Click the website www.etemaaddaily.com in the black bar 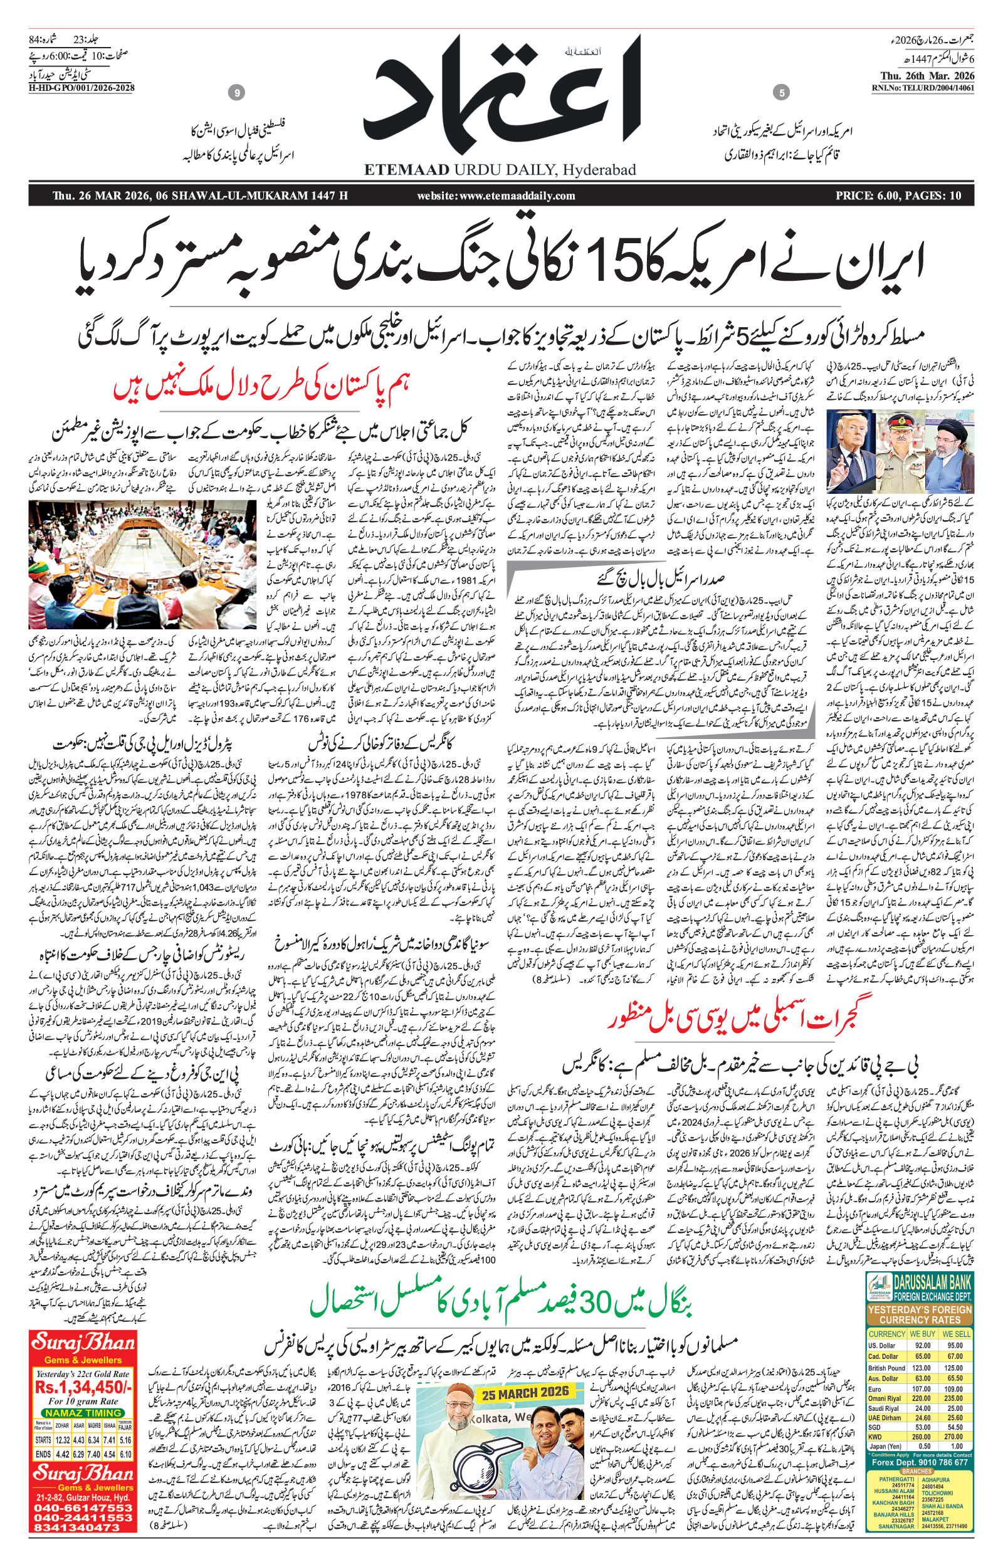[496, 196]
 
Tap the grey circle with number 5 [781, 94]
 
